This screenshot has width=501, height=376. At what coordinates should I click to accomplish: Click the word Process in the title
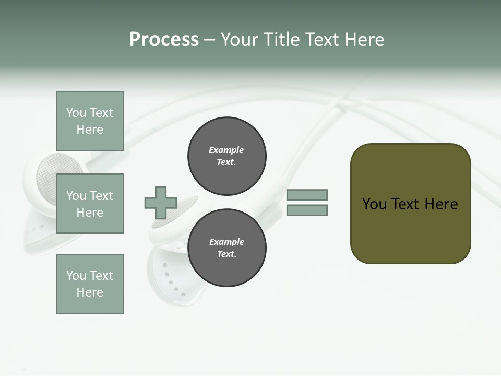point(164,40)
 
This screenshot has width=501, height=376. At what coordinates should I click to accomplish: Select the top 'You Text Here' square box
point(90,121)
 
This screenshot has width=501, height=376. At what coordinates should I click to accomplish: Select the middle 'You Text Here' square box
point(90,204)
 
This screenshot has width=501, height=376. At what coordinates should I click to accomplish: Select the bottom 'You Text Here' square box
point(90,284)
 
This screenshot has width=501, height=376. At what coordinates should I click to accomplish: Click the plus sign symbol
point(161,203)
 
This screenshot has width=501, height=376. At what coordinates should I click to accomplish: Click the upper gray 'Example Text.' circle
point(226,156)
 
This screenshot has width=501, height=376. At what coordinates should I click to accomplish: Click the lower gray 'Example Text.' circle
point(226,248)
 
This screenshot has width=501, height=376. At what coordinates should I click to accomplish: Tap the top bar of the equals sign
point(307,195)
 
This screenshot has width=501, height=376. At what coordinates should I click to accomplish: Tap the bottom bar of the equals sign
point(307,210)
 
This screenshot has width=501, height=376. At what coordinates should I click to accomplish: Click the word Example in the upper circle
point(226,150)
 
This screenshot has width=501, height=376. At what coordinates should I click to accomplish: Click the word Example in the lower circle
point(226,242)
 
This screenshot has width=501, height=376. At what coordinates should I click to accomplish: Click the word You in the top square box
point(76,113)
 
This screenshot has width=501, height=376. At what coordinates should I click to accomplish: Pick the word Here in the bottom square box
point(90,292)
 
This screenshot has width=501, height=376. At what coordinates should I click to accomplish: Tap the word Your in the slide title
point(241,40)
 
